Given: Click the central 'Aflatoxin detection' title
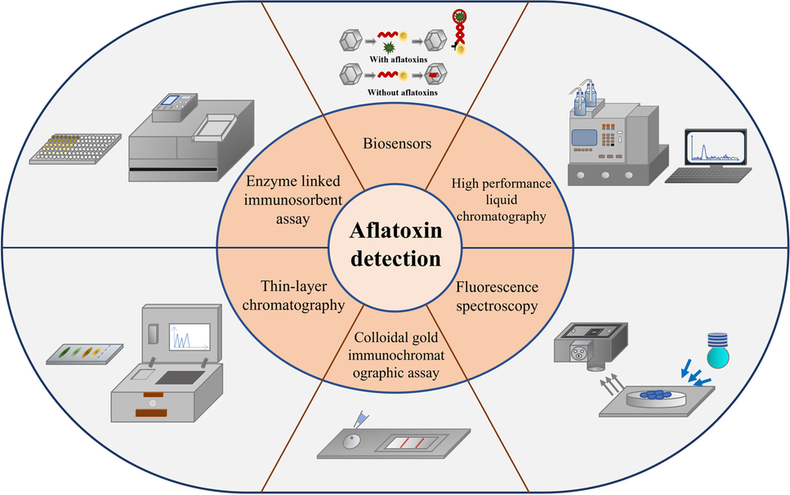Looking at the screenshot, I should [395, 247].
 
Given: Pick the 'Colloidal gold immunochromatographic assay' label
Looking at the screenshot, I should [395, 355].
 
